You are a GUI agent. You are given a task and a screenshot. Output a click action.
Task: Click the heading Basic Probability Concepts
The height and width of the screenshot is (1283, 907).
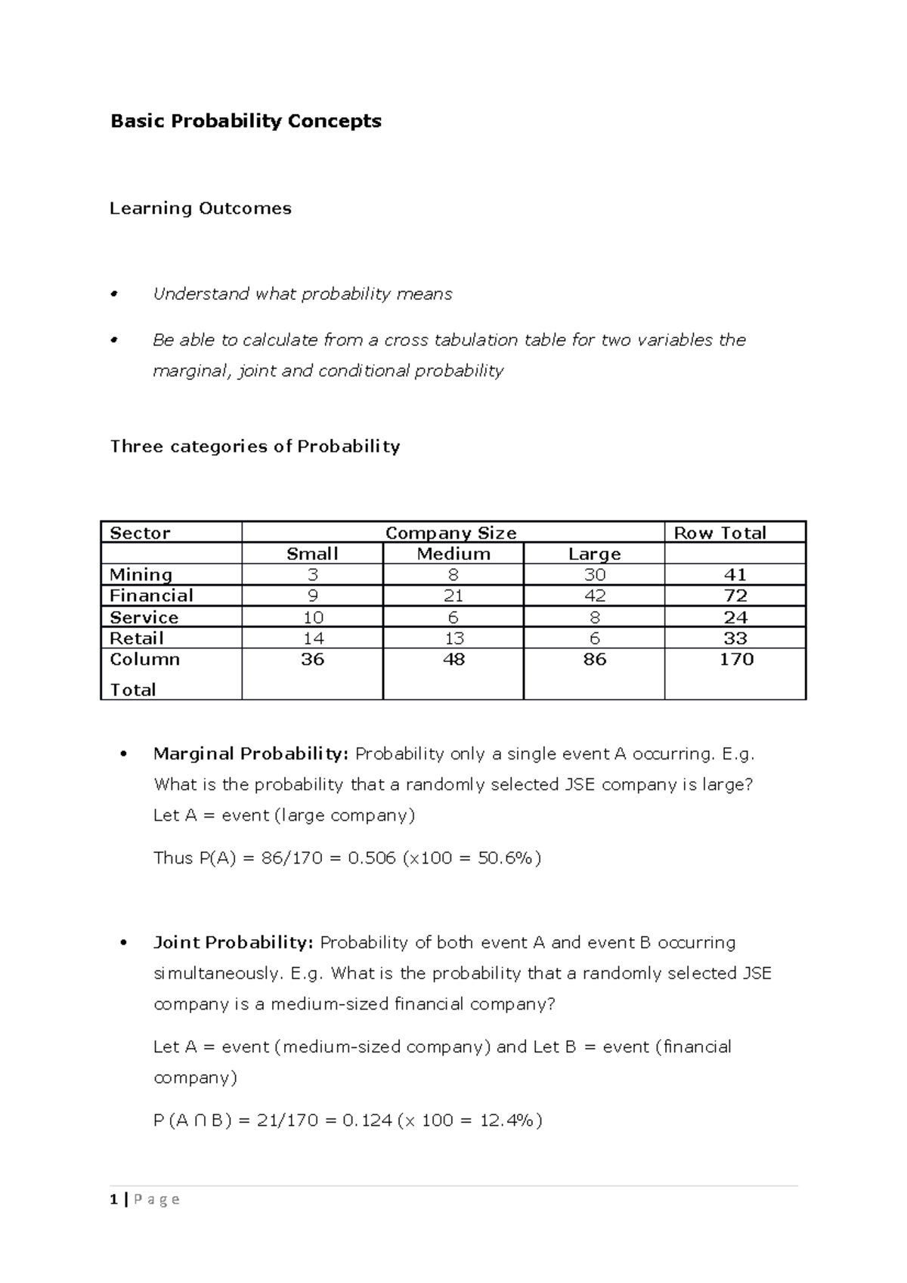(x=246, y=121)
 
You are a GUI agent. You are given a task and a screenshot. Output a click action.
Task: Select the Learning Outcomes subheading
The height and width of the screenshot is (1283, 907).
(x=200, y=209)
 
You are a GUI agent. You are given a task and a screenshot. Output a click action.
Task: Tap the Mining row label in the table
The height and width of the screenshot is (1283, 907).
(x=141, y=574)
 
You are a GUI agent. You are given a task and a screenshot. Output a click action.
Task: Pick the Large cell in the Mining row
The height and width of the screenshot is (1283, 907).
(x=594, y=574)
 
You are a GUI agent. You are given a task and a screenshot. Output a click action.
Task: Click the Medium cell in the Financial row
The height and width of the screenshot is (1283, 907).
(x=453, y=595)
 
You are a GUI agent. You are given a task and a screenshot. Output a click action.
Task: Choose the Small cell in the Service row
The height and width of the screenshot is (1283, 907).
(x=312, y=617)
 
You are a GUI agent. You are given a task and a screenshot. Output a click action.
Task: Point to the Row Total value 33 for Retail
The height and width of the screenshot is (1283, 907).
(x=735, y=638)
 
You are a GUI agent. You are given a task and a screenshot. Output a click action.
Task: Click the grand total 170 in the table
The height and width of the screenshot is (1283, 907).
(x=735, y=659)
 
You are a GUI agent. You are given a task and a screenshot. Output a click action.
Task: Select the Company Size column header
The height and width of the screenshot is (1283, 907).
(x=451, y=533)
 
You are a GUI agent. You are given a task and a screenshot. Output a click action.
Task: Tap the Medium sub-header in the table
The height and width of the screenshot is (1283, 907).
(x=453, y=554)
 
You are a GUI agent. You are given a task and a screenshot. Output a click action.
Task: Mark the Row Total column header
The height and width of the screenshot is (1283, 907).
(x=720, y=533)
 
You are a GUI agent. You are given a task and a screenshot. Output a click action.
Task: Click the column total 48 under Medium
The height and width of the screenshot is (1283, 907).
(x=453, y=659)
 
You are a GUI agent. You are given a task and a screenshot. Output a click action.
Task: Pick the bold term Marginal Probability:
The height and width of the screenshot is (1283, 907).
(x=251, y=753)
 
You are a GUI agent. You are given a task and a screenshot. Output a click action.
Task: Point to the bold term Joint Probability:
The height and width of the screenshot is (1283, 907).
(x=233, y=942)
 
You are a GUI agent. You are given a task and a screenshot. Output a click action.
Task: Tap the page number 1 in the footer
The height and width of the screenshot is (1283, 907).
(x=113, y=1199)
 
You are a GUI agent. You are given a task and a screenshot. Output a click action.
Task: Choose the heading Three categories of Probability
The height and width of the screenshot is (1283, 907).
(x=255, y=447)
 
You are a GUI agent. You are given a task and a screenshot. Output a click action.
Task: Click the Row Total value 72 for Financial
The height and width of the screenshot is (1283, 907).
(x=735, y=595)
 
